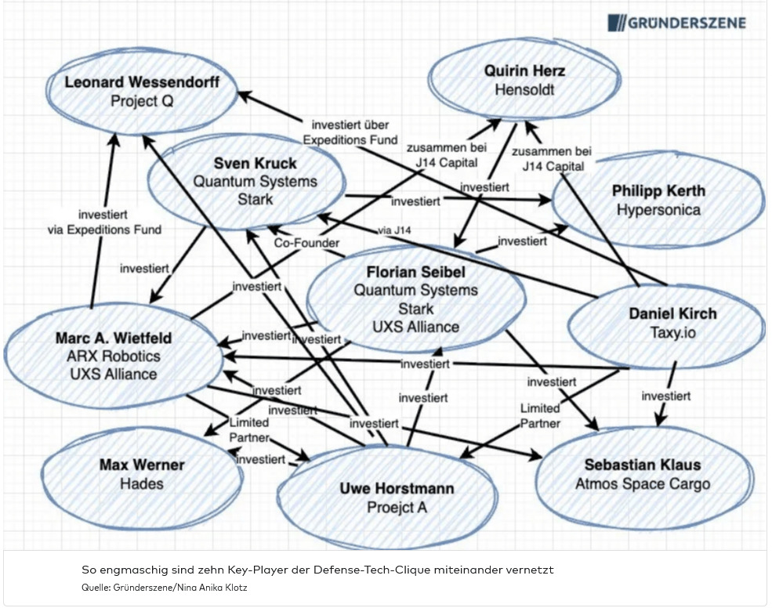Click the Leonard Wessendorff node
click(142, 91)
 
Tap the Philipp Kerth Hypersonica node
click(658, 201)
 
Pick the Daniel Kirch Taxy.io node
click(672, 323)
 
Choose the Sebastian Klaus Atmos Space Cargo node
click(643, 474)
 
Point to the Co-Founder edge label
click(306, 244)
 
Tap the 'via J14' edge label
click(393, 230)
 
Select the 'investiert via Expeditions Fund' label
click(104, 222)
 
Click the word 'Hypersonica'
click(658, 209)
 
